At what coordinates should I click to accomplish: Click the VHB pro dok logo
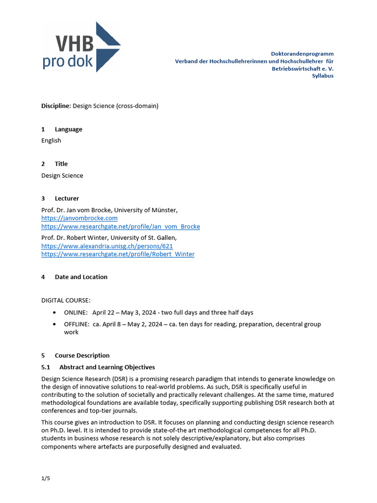81,47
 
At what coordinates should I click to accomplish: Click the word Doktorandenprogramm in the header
302,53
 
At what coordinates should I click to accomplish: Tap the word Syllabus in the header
323,76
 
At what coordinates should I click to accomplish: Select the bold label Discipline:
56,106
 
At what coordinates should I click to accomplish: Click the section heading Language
68,129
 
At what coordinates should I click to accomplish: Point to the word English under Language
51,140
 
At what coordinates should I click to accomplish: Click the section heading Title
61,164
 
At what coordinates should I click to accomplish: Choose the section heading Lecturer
67,198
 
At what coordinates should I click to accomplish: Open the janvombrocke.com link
79,218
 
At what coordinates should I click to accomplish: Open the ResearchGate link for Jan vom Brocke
120,226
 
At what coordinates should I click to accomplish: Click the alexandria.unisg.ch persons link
107,246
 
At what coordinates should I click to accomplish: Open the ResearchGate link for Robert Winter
118,254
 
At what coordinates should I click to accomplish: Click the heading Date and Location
81,277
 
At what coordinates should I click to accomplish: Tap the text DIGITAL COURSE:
66,300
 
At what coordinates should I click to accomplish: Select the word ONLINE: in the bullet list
76,312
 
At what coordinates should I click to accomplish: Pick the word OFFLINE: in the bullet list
77,324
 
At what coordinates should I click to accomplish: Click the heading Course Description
82,355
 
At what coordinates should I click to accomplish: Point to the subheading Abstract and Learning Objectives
107,367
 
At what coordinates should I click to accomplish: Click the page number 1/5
45,478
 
